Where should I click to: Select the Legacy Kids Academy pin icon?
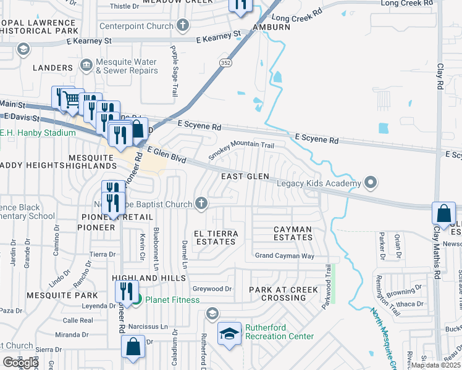pyautogui.click(x=371, y=183)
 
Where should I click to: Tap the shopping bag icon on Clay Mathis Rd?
pyautogui.click(x=443, y=213)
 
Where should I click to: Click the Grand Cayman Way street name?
pyautogui.click(x=285, y=255)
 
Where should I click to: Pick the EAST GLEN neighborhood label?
pyautogui.click(x=245, y=176)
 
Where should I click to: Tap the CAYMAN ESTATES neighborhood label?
pyautogui.click(x=293, y=233)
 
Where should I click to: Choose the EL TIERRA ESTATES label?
pyautogui.click(x=215, y=237)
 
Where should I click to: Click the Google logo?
pyautogui.click(x=20, y=363)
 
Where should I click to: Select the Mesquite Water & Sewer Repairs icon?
pyautogui.click(x=86, y=64)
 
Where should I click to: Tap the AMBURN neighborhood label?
pyautogui.click(x=270, y=27)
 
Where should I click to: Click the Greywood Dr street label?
pyautogui.click(x=211, y=288)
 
